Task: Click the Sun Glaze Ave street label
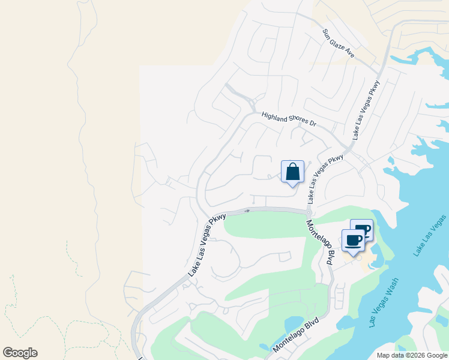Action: tap(338, 43)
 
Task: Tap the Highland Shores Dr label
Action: tap(288, 119)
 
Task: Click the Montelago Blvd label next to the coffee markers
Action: tap(321, 242)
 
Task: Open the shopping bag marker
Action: tap(292, 172)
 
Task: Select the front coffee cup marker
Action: tap(353, 241)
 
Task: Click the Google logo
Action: tap(20, 353)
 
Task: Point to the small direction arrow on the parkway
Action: tap(246, 211)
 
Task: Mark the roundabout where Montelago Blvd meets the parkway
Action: tap(309, 212)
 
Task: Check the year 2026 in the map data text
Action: tap(415, 355)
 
